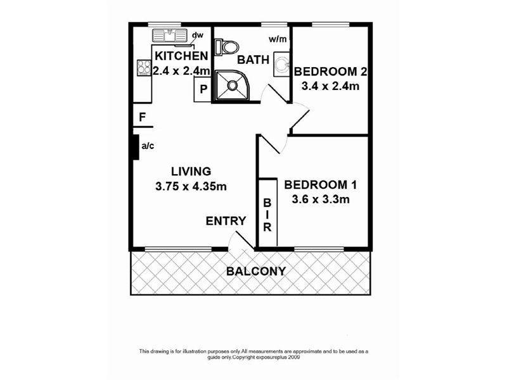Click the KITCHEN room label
[x=181, y=56]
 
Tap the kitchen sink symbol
[x=170, y=35]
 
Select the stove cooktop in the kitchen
[x=143, y=66]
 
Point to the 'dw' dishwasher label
[x=198, y=35]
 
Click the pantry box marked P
[x=203, y=89]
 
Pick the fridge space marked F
[x=143, y=117]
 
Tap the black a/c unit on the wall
[x=135, y=148]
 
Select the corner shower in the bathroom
[x=231, y=84]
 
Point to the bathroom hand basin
[x=281, y=66]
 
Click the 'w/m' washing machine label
[x=277, y=39]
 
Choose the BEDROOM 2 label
[x=331, y=71]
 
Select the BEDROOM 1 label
[x=321, y=185]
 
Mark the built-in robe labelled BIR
[x=267, y=214]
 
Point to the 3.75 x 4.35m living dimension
[x=191, y=186]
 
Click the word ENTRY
[x=226, y=221]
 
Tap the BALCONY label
[x=256, y=271]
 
